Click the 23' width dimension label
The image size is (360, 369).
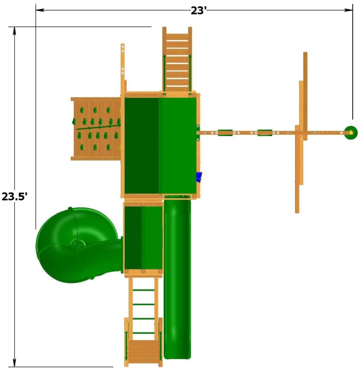[198, 11]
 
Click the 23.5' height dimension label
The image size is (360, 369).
[16, 196]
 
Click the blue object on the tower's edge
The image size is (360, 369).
[199, 177]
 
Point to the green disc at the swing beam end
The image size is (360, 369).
[351, 132]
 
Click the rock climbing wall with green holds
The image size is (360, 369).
[96, 129]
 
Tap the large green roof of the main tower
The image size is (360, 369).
[160, 146]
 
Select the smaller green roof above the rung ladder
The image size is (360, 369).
[143, 238]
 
